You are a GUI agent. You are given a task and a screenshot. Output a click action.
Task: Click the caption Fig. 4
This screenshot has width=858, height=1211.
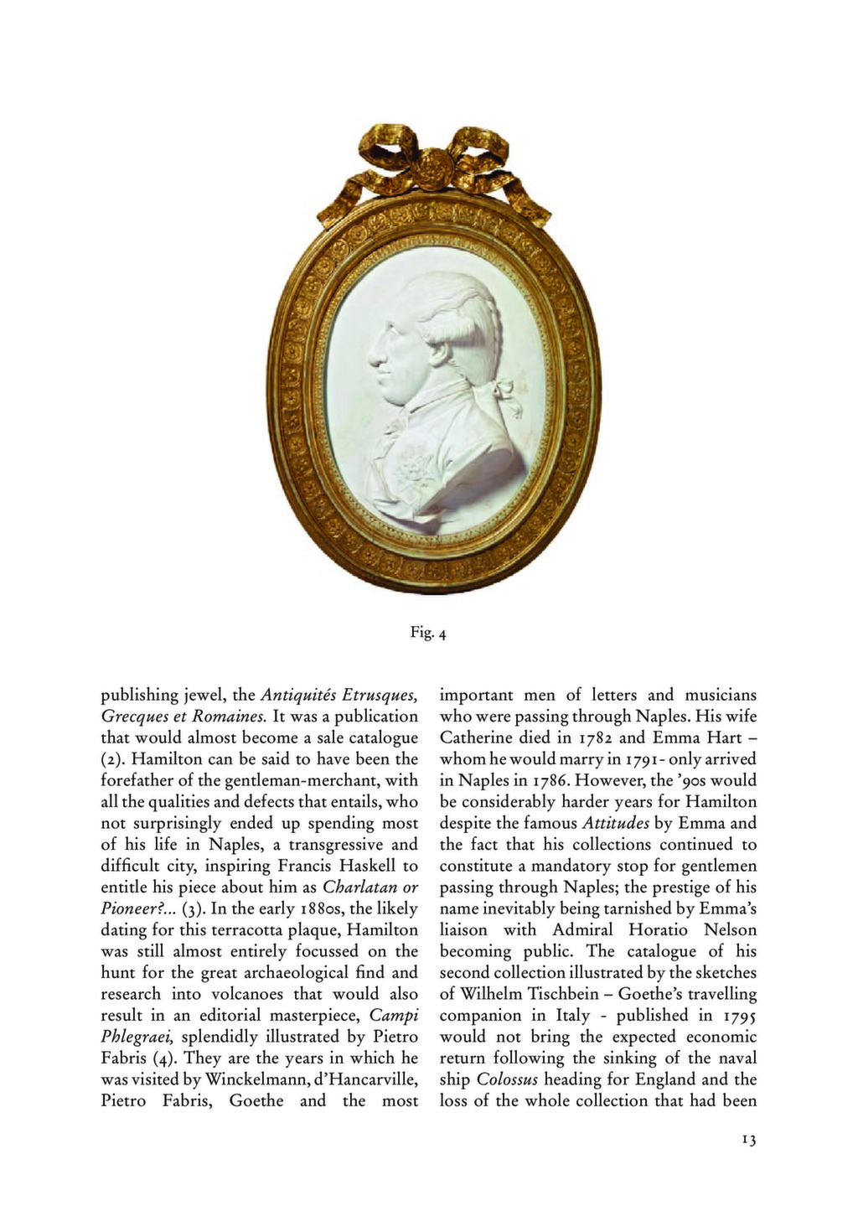(428, 634)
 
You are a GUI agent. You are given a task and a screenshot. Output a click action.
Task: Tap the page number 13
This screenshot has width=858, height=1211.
(748, 1140)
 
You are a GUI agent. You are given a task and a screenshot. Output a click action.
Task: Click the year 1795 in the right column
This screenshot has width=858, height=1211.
(738, 1016)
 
